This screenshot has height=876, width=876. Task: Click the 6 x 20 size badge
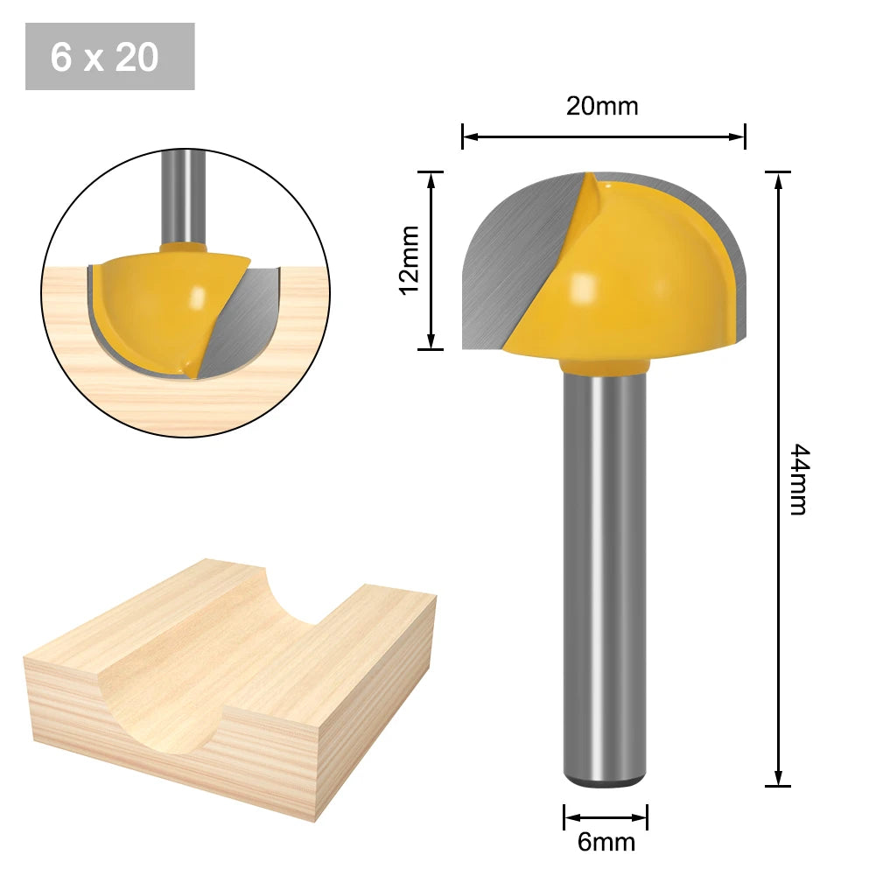pos(109,57)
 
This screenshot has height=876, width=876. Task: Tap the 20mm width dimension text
pos(602,107)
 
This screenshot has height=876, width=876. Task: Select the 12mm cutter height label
pos(409,260)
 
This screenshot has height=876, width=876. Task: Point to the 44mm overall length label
pos(799,479)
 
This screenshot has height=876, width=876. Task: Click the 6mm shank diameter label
pos(606,843)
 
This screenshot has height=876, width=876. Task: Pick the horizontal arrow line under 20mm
pos(604,137)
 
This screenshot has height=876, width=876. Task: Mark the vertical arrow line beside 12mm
pos(431,260)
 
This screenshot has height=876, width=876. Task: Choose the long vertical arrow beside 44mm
pos(778,479)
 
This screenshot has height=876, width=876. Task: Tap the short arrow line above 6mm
pos(606,818)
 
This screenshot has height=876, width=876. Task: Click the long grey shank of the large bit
pos(605,569)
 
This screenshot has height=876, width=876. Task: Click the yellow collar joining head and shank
pos(605,363)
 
